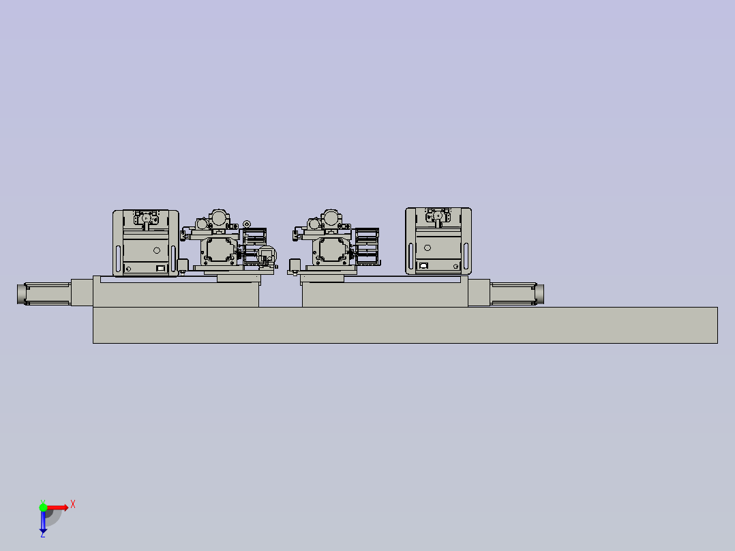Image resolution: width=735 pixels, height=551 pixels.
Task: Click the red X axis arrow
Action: [57, 507]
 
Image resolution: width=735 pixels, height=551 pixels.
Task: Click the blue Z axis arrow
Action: [43, 522]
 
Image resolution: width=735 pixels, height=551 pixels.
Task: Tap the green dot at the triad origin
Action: [43, 507]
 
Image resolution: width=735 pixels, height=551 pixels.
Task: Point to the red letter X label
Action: [73, 505]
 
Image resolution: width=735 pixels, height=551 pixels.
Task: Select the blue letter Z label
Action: [42, 535]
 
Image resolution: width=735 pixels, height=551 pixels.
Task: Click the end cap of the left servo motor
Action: [21, 294]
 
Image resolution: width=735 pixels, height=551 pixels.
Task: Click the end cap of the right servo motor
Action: [539, 294]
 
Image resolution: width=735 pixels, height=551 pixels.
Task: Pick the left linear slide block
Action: [175, 295]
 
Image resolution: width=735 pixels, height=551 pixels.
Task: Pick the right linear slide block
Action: [385, 295]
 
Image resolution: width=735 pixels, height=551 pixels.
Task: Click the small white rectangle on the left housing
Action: [161, 269]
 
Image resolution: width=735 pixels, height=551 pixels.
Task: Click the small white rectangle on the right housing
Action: [423, 266]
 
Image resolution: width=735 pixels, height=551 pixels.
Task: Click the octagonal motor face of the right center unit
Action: [331, 251]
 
